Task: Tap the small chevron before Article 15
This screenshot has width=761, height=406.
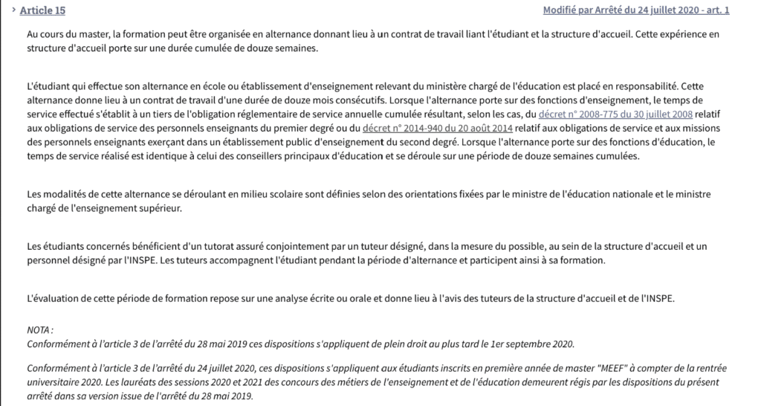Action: (13, 10)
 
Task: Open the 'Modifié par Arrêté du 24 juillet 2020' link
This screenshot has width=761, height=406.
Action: (636, 10)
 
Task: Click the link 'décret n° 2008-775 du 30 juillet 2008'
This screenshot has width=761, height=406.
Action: (615, 114)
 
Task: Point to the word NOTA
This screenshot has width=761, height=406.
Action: (39, 329)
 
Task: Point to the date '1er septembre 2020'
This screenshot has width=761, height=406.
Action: (532, 344)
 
